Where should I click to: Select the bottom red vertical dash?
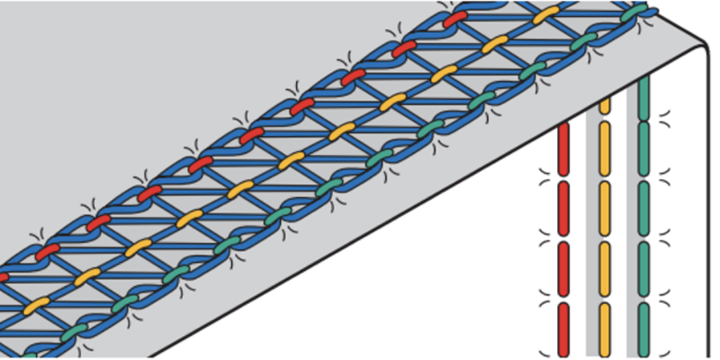click(x=564, y=328)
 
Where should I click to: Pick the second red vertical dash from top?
click(x=564, y=209)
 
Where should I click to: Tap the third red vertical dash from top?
click(x=564, y=270)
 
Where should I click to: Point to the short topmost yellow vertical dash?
click(x=604, y=104)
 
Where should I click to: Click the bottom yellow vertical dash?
click(x=604, y=328)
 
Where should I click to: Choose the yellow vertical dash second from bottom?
click(x=604, y=270)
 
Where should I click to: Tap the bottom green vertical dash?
click(x=643, y=328)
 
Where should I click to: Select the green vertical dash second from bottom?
click(x=643, y=270)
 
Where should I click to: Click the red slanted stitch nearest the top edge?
click(x=455, y=17)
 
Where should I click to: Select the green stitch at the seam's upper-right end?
click(x=636, y=13)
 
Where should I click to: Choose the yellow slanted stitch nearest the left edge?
click(x=36, y=305)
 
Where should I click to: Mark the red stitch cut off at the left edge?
click(x=4, y=275)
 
